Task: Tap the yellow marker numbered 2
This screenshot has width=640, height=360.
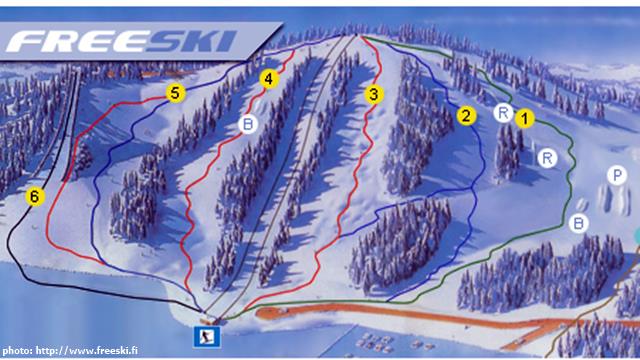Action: [465, 115]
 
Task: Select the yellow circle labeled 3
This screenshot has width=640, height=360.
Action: [374, 95]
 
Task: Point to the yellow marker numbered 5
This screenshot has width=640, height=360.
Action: [175, 93]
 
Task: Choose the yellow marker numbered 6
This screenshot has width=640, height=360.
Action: [35, 197]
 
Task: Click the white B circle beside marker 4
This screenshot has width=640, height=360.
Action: [248, 124]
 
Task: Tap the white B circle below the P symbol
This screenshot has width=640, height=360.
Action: [579, 222]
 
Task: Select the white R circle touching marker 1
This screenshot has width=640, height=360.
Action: [504, 113]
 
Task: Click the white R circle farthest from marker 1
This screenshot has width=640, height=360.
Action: [547, 157]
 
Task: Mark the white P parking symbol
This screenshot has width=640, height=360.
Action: [615, 174]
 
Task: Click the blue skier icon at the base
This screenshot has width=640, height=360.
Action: [209, 335]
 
